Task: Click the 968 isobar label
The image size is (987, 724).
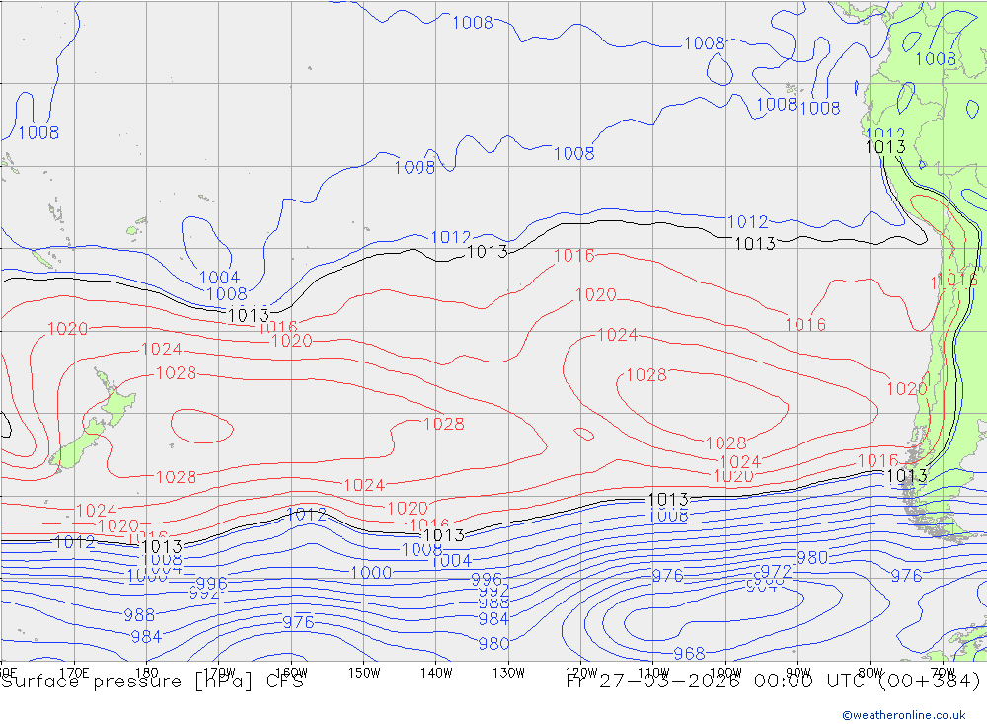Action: (689, 654)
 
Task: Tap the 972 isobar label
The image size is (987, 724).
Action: (776, 572)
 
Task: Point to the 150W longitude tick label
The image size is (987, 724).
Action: (364, 672)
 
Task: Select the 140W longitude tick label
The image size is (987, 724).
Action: (436, 672)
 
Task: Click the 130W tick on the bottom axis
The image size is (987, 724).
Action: (508, 672)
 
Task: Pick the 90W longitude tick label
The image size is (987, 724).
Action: (797, 672)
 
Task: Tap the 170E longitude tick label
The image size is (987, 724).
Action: (75, 672)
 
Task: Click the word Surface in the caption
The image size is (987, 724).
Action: (37, 682)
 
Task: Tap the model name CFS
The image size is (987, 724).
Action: (284, 682)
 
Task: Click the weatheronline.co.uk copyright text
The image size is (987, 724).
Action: (904, 715)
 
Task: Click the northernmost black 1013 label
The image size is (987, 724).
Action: (885, 147)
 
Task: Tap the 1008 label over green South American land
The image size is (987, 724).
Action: (936, 59)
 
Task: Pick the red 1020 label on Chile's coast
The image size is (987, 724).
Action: (906, 389)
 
